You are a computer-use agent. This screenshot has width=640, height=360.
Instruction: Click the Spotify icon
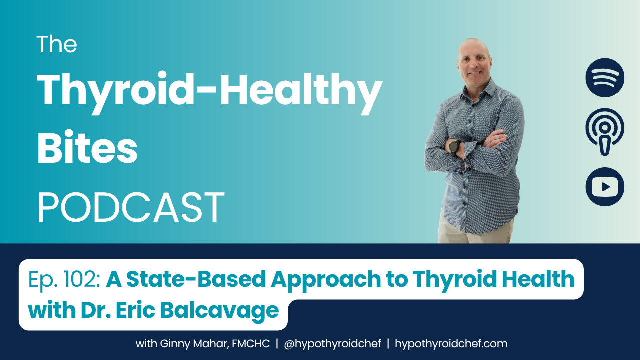click(605, 77)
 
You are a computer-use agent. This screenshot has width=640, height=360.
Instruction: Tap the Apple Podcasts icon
click(605, 132)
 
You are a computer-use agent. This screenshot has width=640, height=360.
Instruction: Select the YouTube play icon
click(605, 187)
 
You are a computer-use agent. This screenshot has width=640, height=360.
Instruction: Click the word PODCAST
click(131, 207)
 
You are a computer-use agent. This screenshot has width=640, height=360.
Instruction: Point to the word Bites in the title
click(87, 147)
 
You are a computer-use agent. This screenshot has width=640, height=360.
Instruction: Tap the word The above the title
click(57, 44)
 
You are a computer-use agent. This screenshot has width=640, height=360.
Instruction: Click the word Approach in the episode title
click(326, 281)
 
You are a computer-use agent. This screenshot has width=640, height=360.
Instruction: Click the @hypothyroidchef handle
click(332, 344)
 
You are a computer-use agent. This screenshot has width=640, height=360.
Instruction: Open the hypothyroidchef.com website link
click(451, 344)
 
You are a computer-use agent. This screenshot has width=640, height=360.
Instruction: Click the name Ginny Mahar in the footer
click(194, 344)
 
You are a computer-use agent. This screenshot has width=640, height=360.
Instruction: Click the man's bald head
click(473, 48)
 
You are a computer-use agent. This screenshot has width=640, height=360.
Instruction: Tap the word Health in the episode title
click(538, 279)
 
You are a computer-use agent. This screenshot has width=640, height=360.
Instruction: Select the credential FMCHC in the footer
click(251, 344)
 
